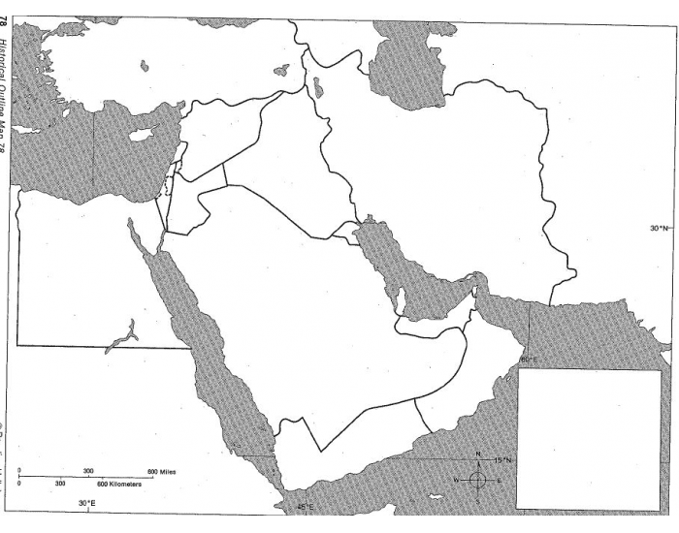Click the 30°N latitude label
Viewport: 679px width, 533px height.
pyautogui.click(x=659, y=229)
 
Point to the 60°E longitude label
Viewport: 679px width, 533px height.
pyautogui.click(x=530, y=361)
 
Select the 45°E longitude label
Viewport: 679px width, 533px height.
pyautogui.click(x=306, y=507)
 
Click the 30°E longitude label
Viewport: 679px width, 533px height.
pyautogui.click(x=87, y=503)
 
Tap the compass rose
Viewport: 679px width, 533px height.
pyautogui.click(x=477, y=479)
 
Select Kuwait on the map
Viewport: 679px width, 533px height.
pyautogui.click(x=346, y=232)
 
